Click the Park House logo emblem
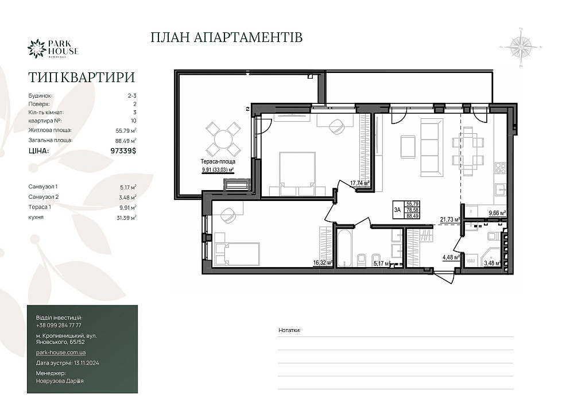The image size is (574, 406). (37, 48)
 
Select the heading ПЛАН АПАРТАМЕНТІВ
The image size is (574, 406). (226, 38)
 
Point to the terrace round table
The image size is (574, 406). (223, 138)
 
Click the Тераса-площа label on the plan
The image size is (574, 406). (217, 162)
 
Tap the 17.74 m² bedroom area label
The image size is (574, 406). (359, 184)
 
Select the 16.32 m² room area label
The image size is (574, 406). (322, 263)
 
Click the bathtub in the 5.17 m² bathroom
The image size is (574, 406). (344, 248)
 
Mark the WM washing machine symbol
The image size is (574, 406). (470, 261)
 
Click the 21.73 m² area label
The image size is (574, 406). (450, 219)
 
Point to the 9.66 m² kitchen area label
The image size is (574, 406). (497, 213)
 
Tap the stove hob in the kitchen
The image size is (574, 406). (500, 168)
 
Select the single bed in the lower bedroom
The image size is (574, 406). (236, 252)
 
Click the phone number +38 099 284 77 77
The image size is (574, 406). (59, 325)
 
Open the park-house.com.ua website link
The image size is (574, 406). (61, 352)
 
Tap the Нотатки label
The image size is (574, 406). (289, 331)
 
